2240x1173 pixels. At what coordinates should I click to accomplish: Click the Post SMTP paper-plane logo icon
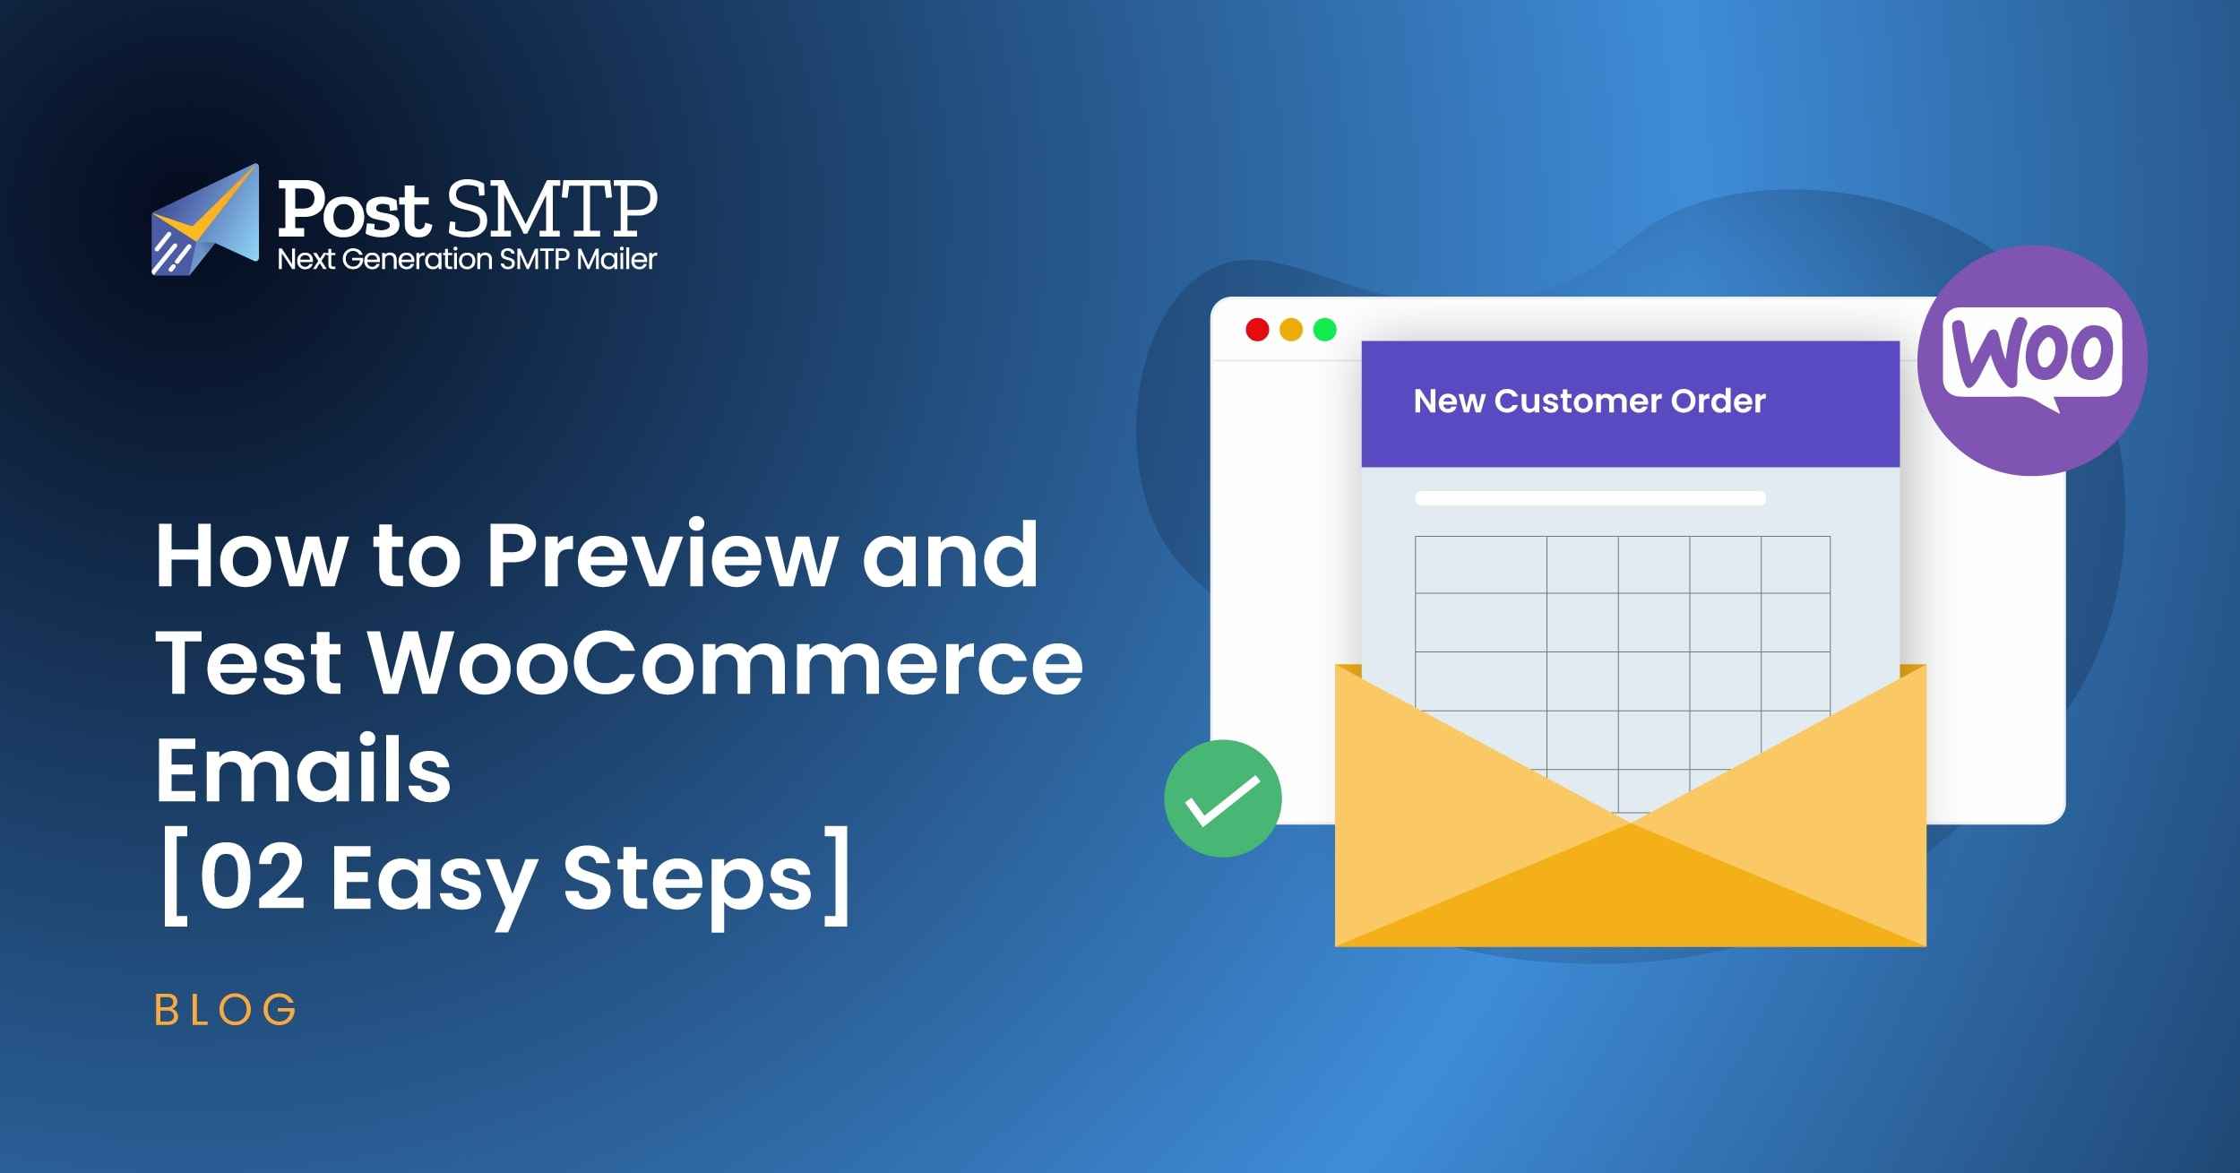[x=205, y=220]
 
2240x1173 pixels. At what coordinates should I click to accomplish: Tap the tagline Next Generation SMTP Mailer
[x=467, y=259]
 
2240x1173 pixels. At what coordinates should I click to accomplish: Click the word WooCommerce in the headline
[x=726, y=664]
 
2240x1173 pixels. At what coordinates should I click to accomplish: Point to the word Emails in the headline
[x=303, y=771]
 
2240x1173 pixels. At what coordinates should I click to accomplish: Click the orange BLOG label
[x=225, y=1010]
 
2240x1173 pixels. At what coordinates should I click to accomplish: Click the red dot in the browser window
[x=1257, y=330]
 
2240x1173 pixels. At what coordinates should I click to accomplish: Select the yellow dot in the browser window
[x=1291, y=330]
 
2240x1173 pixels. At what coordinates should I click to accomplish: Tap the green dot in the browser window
[x=1324, y=330]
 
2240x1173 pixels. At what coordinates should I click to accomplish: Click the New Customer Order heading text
[x=1589, y=401]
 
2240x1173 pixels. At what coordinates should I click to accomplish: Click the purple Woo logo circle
[x=2031, y=360]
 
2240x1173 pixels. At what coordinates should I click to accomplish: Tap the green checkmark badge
[x=1222, y=798]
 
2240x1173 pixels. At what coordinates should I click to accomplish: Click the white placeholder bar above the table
[x=1590, y=498]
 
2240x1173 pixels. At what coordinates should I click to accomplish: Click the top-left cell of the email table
[x=1480, y=565]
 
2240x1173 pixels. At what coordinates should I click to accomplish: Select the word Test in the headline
[x=248, y=664]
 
